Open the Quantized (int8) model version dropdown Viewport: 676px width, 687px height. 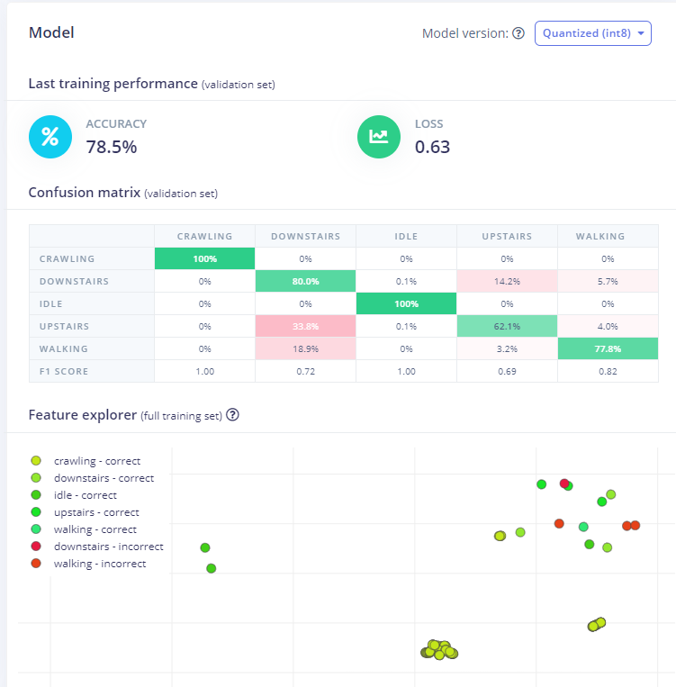pos(592,33)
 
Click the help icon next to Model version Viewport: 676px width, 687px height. pos(518,34)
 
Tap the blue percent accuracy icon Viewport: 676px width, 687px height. pos(50,137)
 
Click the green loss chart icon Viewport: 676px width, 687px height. pos(379,137)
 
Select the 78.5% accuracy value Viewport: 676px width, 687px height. pos(112,147)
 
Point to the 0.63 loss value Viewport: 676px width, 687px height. pos(432,147)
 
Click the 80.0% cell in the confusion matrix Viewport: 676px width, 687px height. pos(305,281)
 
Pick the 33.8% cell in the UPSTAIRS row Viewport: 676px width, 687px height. pos(305,326)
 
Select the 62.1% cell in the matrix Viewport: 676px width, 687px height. pos(507,326)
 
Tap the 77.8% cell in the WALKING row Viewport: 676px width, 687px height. pos(608,348)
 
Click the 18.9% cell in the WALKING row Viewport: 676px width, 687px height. pos(305,348)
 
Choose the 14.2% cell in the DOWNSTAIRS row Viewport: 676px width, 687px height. pos(507,281)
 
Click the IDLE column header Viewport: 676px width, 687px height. pos(406,237)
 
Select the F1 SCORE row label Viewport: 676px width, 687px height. pos(65,371)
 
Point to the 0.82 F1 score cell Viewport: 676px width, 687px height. pos(608,371)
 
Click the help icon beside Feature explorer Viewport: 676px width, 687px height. pos(232,415)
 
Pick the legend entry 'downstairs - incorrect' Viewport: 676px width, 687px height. pos(108,547)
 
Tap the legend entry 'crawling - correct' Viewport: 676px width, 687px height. pos(97,461)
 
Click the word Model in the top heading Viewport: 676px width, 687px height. pos(51,32)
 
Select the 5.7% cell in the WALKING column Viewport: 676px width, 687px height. pos(608,281)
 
